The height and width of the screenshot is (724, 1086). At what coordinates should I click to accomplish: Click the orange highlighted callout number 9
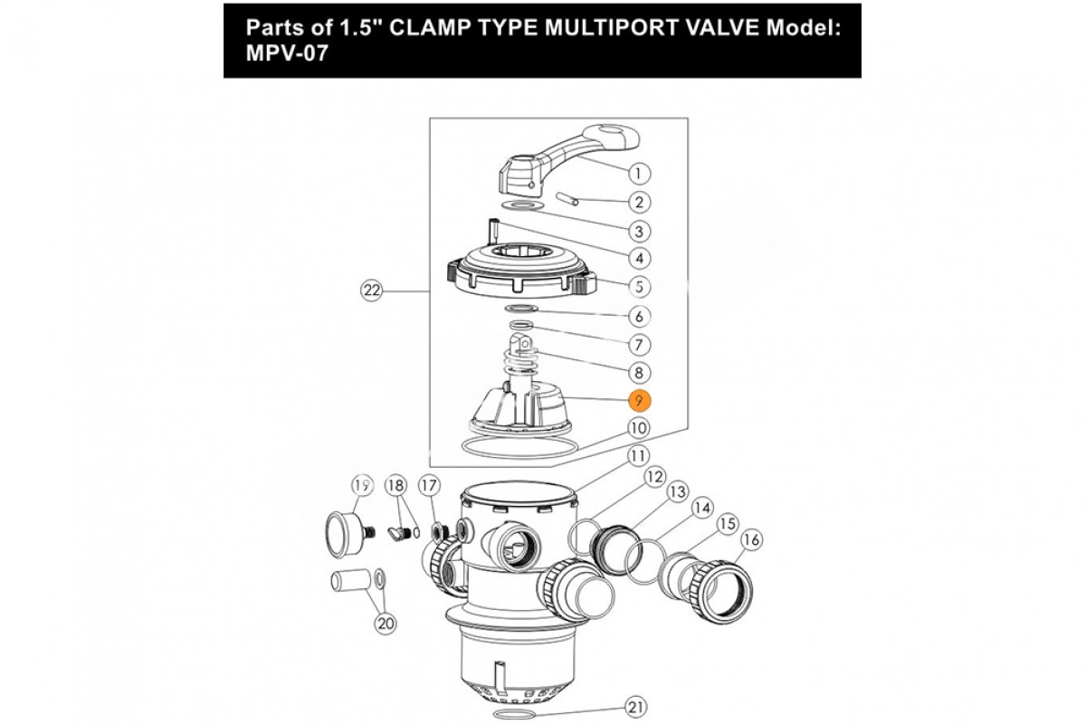pyautogui.click(x=639, y=401)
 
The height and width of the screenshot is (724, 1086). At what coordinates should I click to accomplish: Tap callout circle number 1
pyautogui.click(x=639, y=173)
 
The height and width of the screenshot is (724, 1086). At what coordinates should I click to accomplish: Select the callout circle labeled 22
pyautogui.click(x=372, y=291)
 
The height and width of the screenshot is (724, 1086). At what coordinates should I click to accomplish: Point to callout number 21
pyautogui.click(x=635, y=708)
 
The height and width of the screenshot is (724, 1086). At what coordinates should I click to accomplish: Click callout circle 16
pyautogui.click(x=751, y=539)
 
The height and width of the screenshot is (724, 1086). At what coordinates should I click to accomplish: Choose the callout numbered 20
pyautogui.click(x=386, y=624)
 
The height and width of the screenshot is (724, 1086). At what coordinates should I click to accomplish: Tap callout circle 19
pyautogui.click(x=362, y=485)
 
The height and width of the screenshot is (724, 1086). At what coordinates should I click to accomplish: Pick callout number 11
pyautogui.click(x=638, y=456)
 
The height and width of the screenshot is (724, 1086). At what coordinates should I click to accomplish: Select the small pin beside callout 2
pyautogui.click(x=567, y=199)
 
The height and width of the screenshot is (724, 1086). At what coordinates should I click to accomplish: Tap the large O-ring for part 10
pyautogui.click(x=519, y=447)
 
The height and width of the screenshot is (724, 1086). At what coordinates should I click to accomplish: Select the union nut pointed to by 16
pyautogui.click(x=721, y=592)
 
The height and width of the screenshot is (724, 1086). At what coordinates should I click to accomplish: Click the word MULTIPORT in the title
pyautogui.click(x=611, y=28)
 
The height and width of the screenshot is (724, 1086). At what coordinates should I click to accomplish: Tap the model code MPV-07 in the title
pyautogui.click(x=287, y=52)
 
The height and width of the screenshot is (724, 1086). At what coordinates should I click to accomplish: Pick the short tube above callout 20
pyautogui.click(x=350, y=580)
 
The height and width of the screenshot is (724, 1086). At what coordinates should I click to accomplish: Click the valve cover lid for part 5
pyautogui.click(x=522, y=269)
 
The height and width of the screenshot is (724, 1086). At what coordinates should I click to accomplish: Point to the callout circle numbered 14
pyautogui.click(x=702, y=508)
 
